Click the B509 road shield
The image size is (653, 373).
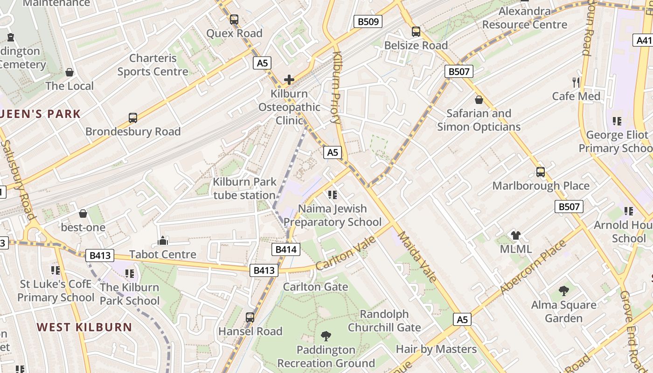point(368,21)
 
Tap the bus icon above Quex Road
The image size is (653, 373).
point(234,20)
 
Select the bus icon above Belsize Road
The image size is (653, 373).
point(416,32)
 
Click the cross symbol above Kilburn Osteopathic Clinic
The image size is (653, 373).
point(289,80)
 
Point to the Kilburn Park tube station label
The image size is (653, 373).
point(244,188)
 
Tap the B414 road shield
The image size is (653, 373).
point(286,249)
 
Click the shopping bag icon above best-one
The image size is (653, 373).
point(83,214)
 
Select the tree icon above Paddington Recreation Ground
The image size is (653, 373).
point(326,336)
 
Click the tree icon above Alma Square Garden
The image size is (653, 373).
point(564,291)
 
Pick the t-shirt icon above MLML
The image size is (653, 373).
point(515,235)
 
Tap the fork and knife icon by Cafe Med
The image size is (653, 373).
point(576,83)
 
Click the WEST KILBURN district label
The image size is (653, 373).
point(84,327)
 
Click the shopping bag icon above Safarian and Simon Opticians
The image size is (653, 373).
point(479,100)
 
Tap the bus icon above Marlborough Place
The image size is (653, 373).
point(541,172)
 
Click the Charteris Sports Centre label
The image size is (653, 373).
point(153,65)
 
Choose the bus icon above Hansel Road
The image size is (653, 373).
point(250,318)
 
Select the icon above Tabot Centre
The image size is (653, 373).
point(163,241)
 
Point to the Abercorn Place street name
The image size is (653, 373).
point(533,267)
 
